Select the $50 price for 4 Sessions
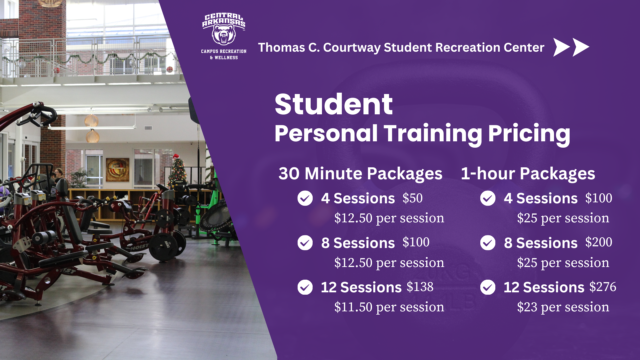point(412,198)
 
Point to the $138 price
point(420,287)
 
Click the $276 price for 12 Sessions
point(603,287)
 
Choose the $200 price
point(599,242)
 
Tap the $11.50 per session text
point(389,307)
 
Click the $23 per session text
point(563,307)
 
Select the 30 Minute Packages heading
point(360,174)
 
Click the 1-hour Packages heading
point(528,174)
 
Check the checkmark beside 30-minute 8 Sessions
point(305,243)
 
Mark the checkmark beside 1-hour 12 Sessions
point(488,287)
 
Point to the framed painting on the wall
point(117,170)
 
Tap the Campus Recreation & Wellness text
point(224,54)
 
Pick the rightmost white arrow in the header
point(581,47)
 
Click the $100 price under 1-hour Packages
point(599,198)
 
